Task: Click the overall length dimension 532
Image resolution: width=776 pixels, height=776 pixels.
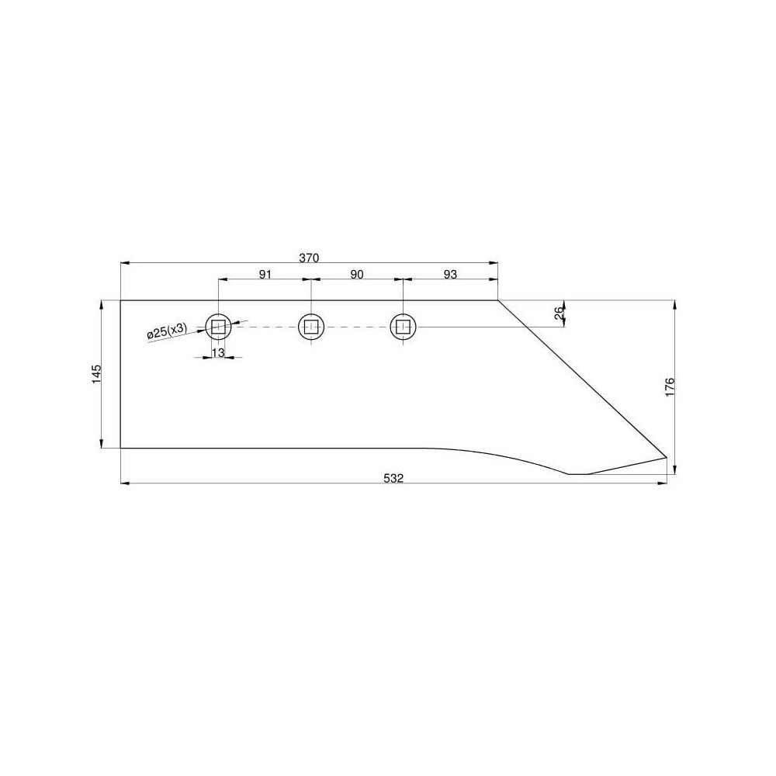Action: tap(393, 478)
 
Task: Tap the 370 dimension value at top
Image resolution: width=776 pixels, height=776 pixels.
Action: tap(310, 258)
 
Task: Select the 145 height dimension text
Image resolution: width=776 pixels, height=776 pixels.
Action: tap(96, 374)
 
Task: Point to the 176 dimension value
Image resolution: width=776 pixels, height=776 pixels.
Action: tap(670, 387)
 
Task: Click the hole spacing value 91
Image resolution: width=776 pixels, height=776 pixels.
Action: tap(265, 274)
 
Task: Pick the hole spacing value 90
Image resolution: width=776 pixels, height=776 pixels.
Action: tap(357, 274)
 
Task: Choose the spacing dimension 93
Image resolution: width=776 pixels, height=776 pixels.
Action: tap(450, 274)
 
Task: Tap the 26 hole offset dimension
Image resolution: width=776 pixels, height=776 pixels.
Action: tap(559, 313)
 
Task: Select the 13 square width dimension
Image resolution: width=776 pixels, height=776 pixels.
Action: tap(218, 352)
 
